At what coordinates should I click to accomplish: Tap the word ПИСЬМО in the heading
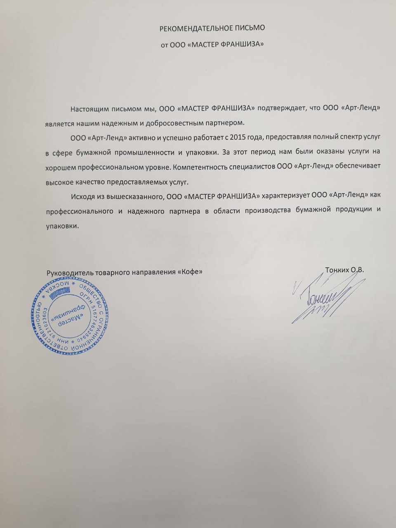[250, 28]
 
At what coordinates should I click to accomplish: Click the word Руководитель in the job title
[70, 272]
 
